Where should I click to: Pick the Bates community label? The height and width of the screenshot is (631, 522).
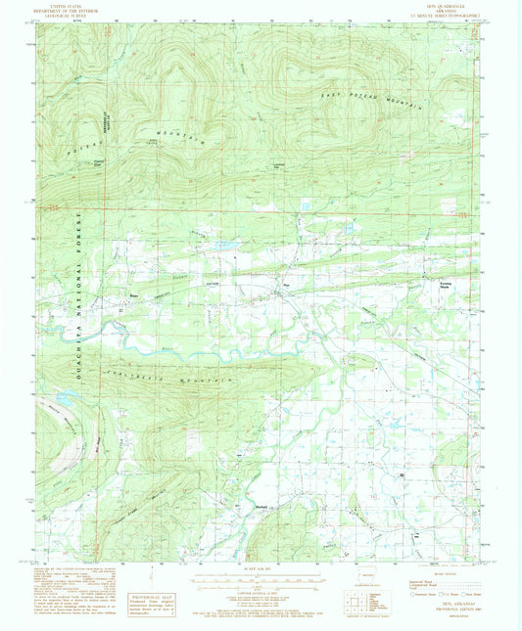(x=134, y=295)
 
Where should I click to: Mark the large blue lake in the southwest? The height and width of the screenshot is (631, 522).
(x=65, y=399)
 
